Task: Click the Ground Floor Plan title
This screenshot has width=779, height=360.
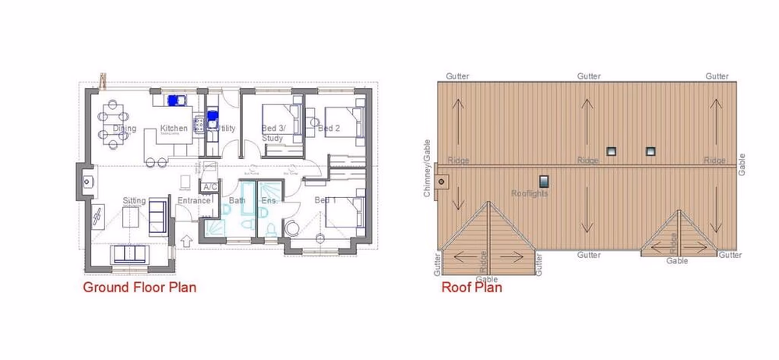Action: (x=139, y=288)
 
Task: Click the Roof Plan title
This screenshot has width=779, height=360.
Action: (x=471, y=288)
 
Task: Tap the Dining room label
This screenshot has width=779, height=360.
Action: (x=125, y=129)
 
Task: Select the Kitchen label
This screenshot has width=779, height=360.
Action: (x=174, y=129)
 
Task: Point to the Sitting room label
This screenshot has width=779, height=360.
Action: (x=134, y=201)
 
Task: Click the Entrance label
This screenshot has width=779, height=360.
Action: (x=194, y=201)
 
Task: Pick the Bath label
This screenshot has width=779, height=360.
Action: (x=237, y=201)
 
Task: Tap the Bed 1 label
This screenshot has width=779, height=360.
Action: (x=325, y=201)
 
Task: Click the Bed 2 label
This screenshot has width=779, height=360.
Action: (x=329, y=129)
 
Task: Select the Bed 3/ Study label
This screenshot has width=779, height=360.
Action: (x=273, y=132)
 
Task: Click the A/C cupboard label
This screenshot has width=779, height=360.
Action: (x=209, y=187)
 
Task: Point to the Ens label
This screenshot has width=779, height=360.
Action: (x=269, y=201)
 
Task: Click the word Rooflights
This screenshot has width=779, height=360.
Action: (x=529, y=193)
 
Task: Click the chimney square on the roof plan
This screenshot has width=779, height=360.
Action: (x=443, y=184)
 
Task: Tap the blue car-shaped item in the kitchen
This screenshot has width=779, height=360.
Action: (x=173, y=101)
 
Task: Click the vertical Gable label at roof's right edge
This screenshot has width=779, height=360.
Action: (x=742, y=161)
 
